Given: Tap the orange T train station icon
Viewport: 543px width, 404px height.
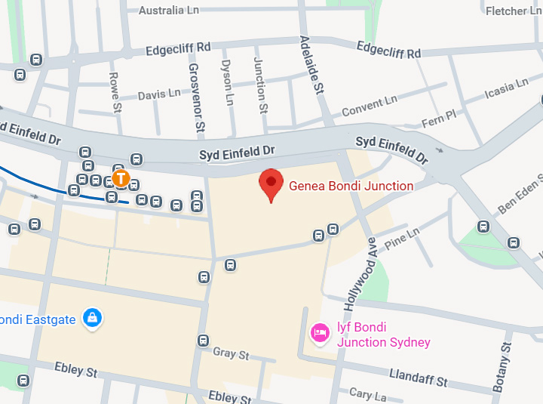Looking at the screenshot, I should point(121,179).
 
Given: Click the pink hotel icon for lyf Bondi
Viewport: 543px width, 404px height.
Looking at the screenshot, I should point(321,333).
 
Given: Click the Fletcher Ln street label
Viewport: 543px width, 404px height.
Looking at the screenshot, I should point(515,11).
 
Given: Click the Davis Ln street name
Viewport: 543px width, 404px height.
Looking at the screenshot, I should point(159,94).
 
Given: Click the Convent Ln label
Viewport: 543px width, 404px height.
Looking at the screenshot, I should point(369,106).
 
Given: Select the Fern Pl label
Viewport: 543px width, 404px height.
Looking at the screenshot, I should point(440,118).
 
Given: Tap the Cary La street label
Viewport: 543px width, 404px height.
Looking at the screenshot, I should point(368,394).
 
